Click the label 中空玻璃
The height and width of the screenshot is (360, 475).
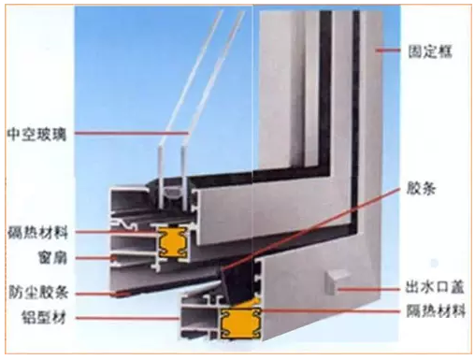36,135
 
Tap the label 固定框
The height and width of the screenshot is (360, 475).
430,51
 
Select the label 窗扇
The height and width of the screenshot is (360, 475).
52,258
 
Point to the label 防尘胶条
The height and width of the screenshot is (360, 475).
38,292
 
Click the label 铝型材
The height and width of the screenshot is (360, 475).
44,317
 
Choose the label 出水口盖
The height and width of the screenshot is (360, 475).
435,286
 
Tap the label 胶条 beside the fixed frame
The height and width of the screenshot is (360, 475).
421,188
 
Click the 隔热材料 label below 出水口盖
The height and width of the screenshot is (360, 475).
436,310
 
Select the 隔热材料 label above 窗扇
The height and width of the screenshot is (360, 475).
37,233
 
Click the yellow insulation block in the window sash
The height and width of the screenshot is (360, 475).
173,242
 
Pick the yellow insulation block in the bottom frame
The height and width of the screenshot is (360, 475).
240,323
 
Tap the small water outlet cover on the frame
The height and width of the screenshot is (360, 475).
335,282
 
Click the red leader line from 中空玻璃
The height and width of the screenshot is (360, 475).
132,133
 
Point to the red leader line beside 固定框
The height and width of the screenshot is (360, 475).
387,50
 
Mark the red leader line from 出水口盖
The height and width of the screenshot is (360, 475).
369,289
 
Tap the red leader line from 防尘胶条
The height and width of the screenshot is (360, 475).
102,294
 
